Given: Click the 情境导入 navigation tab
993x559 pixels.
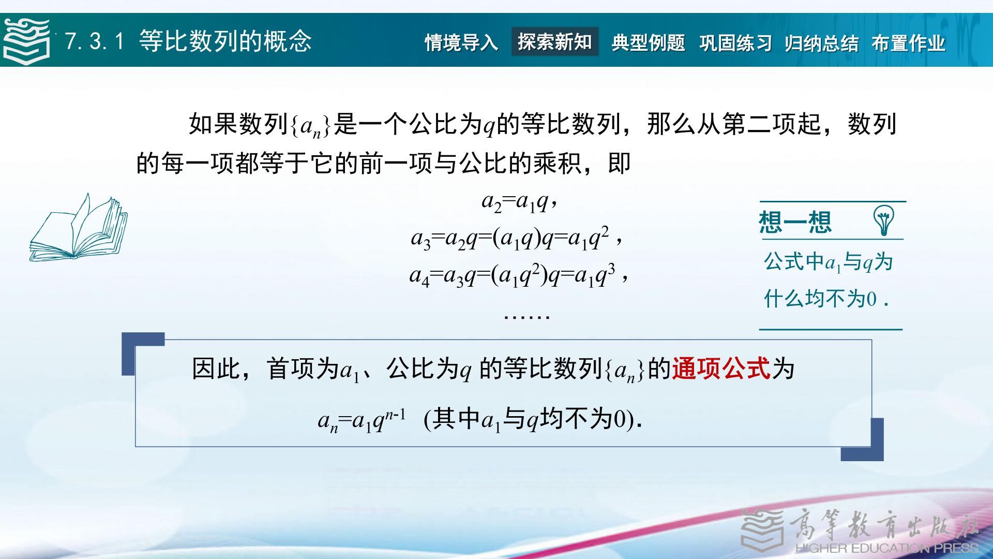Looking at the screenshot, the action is tap(461, 42).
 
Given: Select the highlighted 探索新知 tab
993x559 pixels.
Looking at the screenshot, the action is tap(555, 41).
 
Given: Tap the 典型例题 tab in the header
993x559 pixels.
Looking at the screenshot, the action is tap(649, 42).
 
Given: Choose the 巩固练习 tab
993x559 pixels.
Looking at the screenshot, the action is tap(735, 42).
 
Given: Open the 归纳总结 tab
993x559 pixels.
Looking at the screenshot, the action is tap(822, 42).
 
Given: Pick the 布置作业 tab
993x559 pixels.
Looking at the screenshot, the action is tap(909, 42).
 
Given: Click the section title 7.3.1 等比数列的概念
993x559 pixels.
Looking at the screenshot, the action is tap(189, 41).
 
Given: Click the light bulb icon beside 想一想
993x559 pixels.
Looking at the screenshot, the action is tap(883, 220).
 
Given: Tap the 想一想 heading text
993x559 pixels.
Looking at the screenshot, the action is tap(795, 222).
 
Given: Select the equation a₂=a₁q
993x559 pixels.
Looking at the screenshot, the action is tap(519, 201).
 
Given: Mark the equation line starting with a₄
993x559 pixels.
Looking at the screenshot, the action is tap(519, 275).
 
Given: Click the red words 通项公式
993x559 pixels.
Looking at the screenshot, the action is tap(721, 369).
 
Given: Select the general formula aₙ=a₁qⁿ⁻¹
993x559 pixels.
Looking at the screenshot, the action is tap(362, 419).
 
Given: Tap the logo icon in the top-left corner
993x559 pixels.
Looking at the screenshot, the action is tap(26, 40).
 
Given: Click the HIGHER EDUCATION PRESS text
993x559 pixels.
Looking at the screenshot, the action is tap(887, 548).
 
